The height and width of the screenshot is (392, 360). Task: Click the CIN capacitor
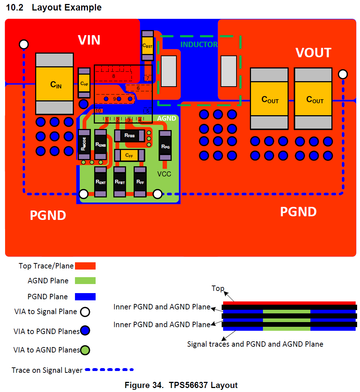click(x=54, y=84)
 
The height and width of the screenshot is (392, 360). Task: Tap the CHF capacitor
click(x=84, y=83)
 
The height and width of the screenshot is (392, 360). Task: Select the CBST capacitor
click(x=147, y=46)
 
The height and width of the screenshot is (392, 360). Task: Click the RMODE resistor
click(x=84, y=144)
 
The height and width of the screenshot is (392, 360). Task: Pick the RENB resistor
click(x=100, y=144)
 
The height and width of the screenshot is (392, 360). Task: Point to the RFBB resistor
click(x=129, y=135)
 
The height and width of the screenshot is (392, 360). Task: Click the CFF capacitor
click(x=129, y=155)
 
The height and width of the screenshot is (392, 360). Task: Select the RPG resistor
click(x=165, y=146)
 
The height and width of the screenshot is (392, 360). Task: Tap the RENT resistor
click(x=100, y=182)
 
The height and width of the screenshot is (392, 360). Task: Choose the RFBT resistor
click(x=120, y=182)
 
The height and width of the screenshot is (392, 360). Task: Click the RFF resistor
click(x=140, y=182)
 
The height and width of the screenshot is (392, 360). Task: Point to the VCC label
click(x=164, y=174)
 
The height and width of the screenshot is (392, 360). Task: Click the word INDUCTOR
click(x=199, y=45)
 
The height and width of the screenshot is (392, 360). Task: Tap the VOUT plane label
click(x=313, y=53)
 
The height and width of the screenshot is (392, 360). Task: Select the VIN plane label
click(x=89, y=40)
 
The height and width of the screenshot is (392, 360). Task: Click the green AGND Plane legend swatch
click(x=85, y=280)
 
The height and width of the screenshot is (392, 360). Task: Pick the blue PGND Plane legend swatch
click(x=85, y=297)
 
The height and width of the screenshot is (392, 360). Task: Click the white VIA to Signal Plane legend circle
click(x=85, y=312)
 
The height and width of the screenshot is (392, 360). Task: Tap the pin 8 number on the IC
click(x=113, y=76)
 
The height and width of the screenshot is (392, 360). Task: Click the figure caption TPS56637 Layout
click(x=181, y=385)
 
